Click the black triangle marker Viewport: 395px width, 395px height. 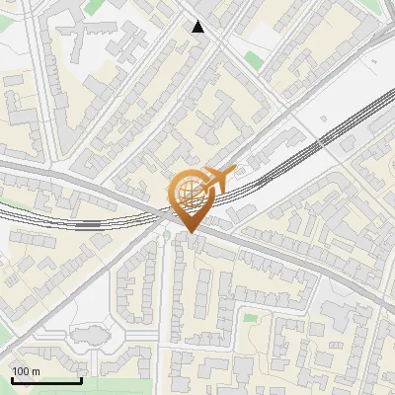click(x=199, y=27)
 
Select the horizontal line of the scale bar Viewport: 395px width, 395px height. click(x=45, y=381)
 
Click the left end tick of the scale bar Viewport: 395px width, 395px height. click(x=11, y=379)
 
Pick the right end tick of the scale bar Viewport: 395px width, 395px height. click(x=81, y=379)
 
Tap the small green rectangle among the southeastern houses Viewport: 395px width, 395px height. click(x=250, y=318)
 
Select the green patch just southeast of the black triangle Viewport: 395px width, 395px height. click(x=254, y=60)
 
